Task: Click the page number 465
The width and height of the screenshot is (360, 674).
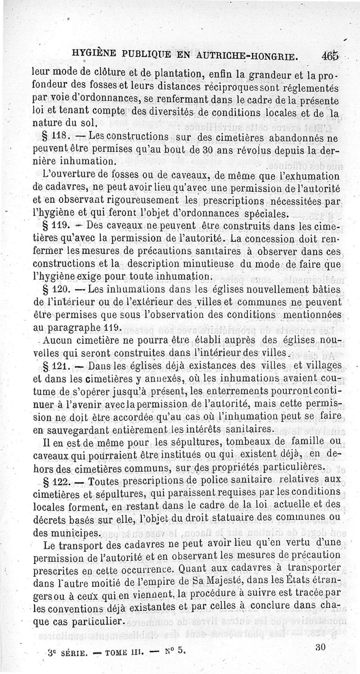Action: click(329, 57)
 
